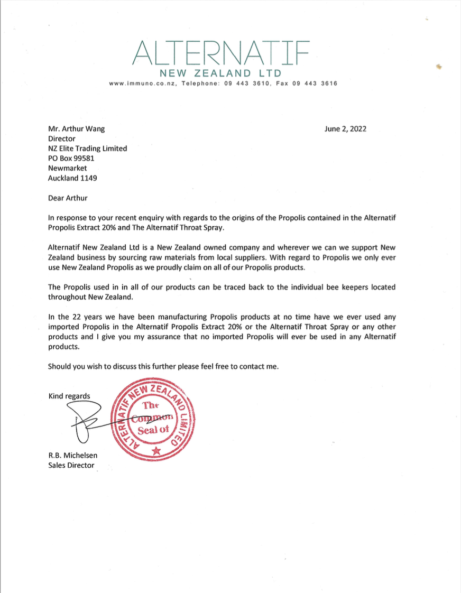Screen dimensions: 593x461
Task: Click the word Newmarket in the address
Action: pyautogui.click(x=67, y=168)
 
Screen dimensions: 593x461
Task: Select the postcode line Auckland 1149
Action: pyautogui.click(x=72, y=178)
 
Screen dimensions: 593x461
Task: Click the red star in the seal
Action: pyautogui.click(x=155, y=450)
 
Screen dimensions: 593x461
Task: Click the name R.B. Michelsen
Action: pyautogui.click(x=72, y=455)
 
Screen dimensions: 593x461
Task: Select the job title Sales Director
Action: pyautogui.click(x=71, y=465)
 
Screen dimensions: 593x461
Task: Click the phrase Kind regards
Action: pyautogui.click(x=69, y=396)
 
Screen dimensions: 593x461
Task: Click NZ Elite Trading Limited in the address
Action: pyautogui.click(x=87, y=149)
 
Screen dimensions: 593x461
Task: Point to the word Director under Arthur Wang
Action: pyautogui.click(x=61, y=138)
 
